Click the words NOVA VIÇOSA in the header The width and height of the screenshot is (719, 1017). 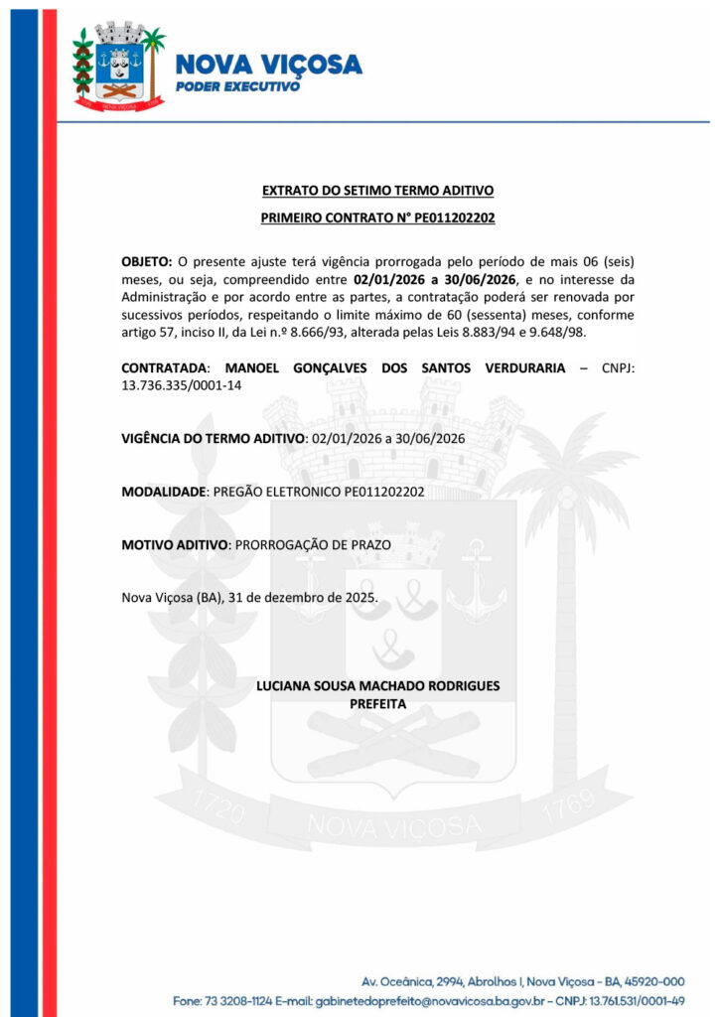point(268,65)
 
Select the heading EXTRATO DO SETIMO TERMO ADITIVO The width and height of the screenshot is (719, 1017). point(377,190)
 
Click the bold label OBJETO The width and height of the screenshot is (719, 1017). point(146,262)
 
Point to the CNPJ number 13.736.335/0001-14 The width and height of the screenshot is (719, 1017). point(181,385)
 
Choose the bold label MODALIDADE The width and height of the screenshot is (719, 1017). point(164,492)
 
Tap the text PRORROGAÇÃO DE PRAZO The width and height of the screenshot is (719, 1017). point(313,544)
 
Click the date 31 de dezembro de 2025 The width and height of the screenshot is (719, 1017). point(302,597)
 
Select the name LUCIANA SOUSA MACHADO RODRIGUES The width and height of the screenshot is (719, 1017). point(377,685)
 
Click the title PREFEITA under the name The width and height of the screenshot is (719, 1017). point(377,703)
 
